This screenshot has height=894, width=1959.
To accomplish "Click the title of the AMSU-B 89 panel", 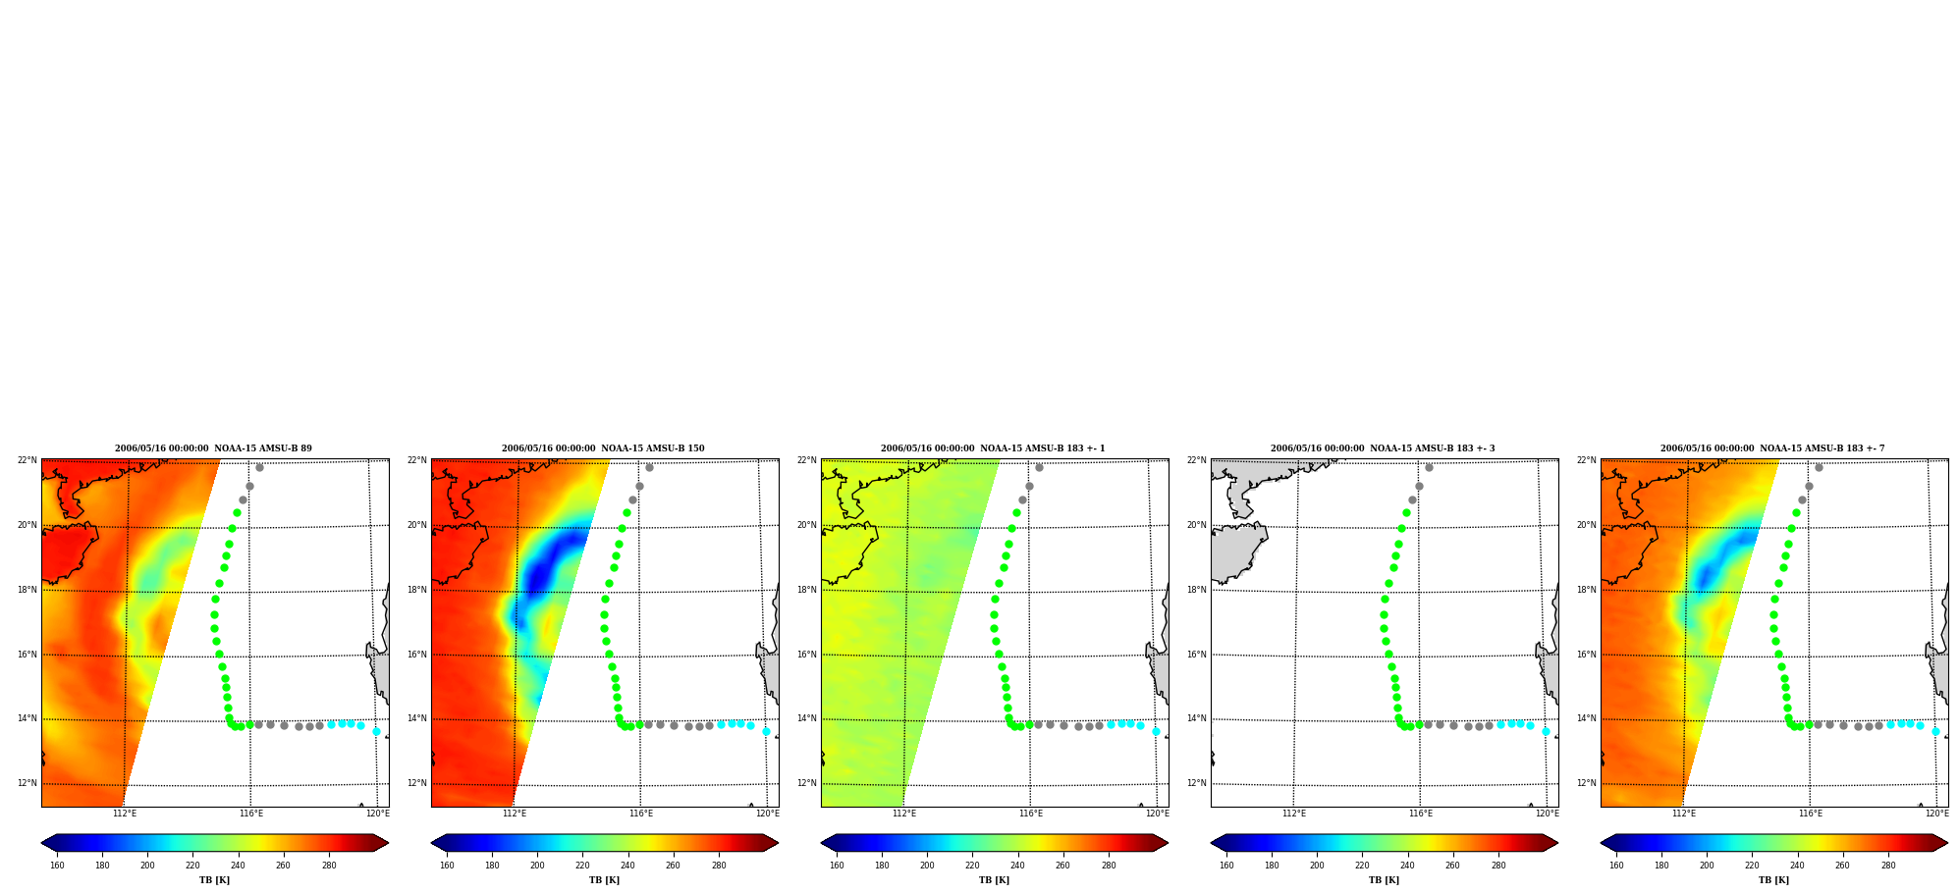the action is [213, 448].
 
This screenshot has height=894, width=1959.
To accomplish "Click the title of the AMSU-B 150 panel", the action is [603, 448].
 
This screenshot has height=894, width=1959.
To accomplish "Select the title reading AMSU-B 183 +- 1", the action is [993, 448].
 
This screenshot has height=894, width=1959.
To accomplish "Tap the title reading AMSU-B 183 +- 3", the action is [1383, 448].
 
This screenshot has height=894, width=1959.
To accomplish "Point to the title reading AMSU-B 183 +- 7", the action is [1772, 448].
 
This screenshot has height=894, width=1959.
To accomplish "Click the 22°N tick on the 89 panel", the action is [27, 460].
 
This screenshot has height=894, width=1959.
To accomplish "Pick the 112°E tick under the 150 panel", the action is [515, 814].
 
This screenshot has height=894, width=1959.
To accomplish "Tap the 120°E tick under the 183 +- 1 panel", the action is [1158, 814].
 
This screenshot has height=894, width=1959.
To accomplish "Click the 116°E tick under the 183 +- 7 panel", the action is [1811, 814].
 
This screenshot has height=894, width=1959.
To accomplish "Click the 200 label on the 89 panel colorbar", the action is [147, 866].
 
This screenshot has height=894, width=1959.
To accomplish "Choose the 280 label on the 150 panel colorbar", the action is [719, 866].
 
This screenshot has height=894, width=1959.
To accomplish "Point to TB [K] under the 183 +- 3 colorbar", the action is [1385, 880].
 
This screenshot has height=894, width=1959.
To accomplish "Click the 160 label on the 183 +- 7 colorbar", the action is [1616, 866].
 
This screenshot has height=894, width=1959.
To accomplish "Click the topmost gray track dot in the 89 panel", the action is [259, 467].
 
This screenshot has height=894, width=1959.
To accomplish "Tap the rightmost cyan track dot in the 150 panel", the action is [766, 731].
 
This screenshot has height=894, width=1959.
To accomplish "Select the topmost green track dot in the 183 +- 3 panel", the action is [1406, 512].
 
